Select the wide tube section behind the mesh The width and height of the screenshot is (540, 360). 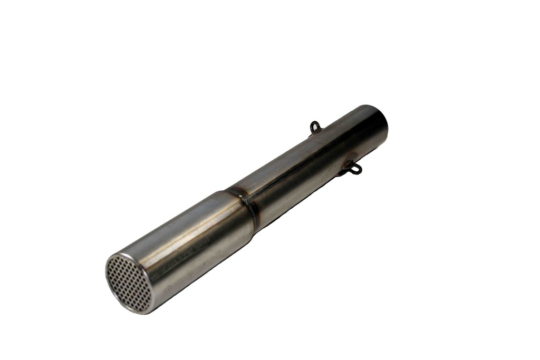tap(195, 237)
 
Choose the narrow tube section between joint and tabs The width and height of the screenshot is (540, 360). tap(295, 174)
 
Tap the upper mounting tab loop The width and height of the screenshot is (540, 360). tap(315, 126)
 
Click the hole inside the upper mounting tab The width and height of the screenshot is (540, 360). tap(315, 127)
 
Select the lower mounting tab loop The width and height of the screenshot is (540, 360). tap(354, 169)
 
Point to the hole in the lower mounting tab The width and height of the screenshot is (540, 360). tap(356, 169)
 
